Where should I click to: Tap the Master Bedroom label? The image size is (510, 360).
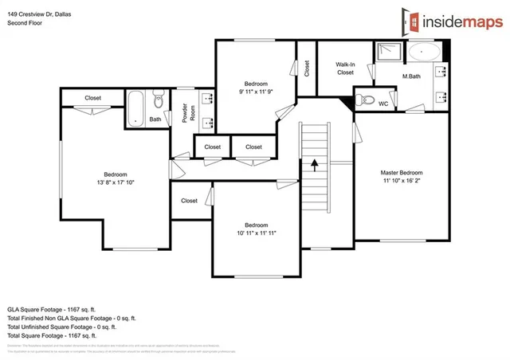pyautogui.click(x=400, y=173)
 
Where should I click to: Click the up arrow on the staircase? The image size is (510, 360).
pyautogui.click(x=314, y=165)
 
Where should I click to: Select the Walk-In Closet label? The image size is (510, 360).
pyautogui.click(x=345, y=68)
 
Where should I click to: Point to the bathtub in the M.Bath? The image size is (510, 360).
pyautogui.click(x=423, y=53)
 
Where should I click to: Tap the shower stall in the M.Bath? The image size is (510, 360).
pyautogui.click(x=390, y=53)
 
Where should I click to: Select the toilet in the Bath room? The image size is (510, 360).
pyautogui.click(x=158, y=101)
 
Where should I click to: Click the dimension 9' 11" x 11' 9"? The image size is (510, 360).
pyautogui.click(x=256, y=92)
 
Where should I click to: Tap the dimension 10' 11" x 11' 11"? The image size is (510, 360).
pyautogui.click(x=256, y=233)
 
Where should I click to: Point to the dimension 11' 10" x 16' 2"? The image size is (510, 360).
pyautogui.click(x=400, y=182)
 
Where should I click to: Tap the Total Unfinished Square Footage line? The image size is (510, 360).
pyautogui.click(x=61, y=327)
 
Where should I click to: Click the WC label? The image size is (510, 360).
pyautogui.click(x=383, y=104)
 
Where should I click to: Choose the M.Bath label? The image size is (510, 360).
pyautogui.click(x=411, y=76)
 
